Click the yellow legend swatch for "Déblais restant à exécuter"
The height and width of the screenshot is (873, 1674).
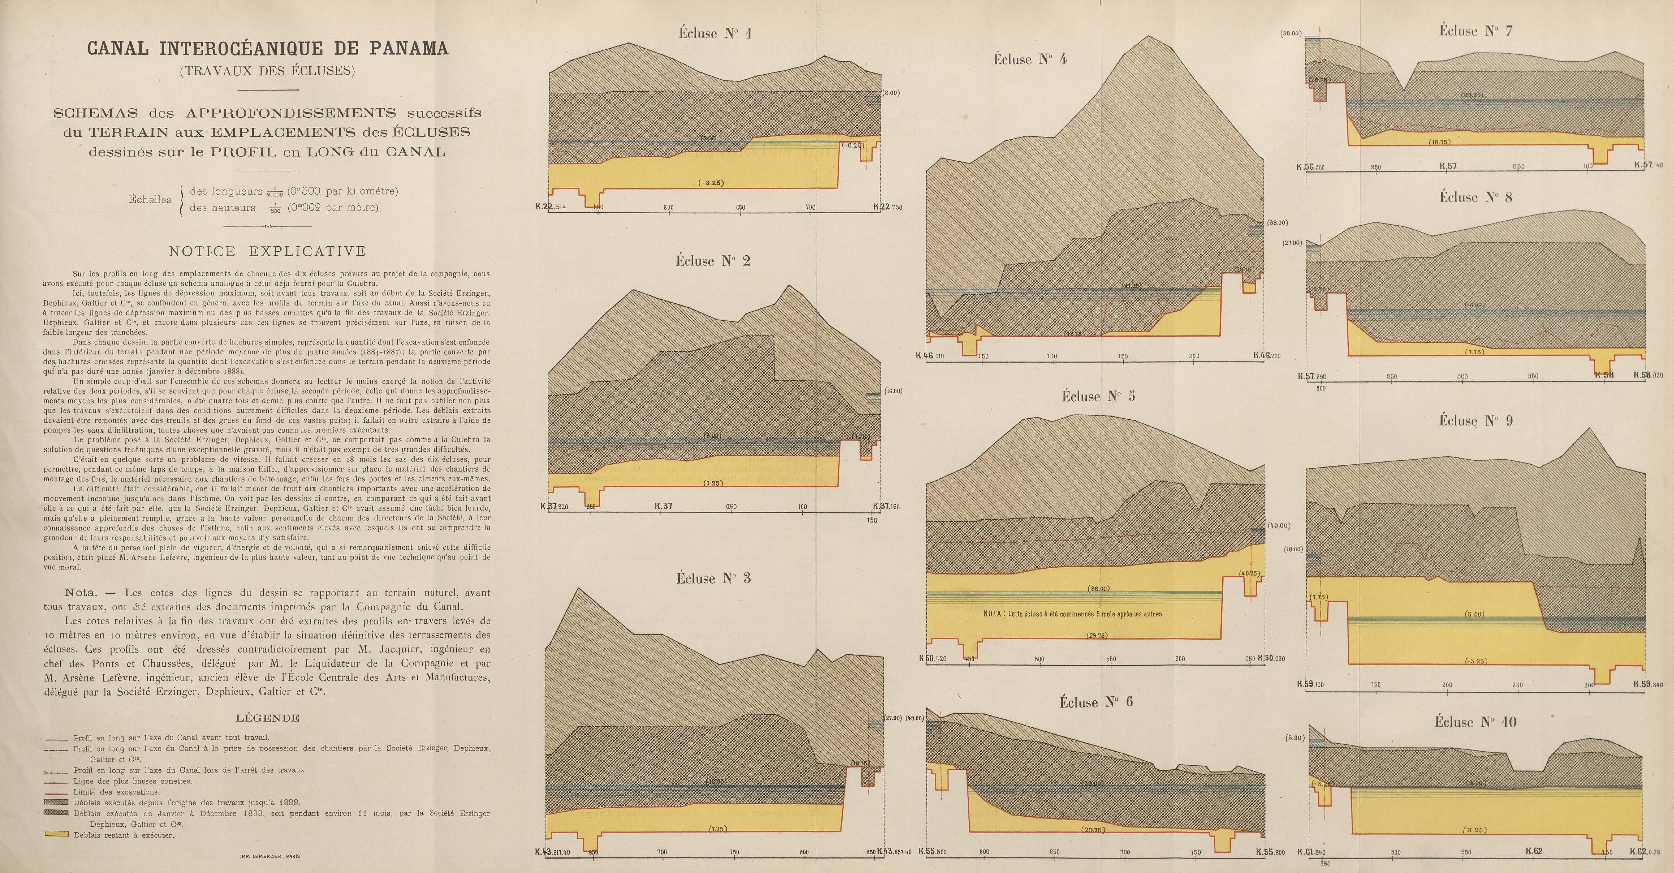(x=56, y=835)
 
